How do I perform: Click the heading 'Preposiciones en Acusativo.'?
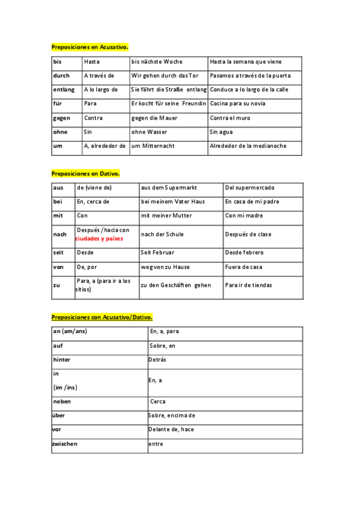(x=90, y=46)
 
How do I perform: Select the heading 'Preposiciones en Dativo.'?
(x=85, y=173)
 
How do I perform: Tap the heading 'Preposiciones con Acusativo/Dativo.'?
(x=102, y=316)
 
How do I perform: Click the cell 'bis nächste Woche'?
(x=157, y=62)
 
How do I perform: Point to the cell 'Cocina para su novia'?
(x=237, y=103)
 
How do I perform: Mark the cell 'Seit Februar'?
(x=156, y=253)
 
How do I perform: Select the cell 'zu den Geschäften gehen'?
(x=176, y=285)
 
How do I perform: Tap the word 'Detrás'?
(x=157, y=359)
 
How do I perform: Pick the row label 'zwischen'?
(x=65, y=444)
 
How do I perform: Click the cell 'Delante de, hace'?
(x=171, y=429)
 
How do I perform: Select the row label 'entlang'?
(x=64, y=90)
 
